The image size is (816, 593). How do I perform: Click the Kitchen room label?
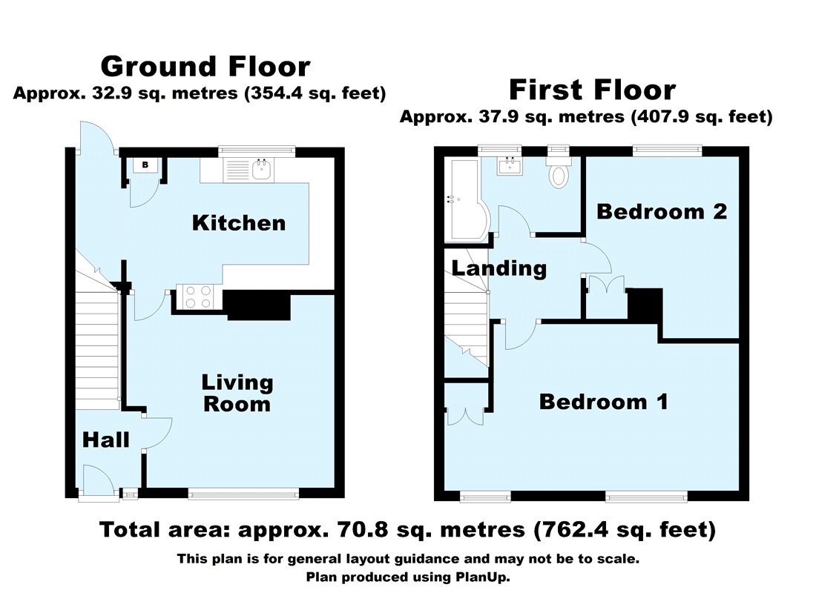[x=239, y=222]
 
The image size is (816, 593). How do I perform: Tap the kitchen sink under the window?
[x=261, y=170]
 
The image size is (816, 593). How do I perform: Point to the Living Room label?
[x=237, y=394]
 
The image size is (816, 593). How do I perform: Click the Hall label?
[x=105, y=440]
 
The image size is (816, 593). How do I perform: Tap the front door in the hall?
[x=98, y=482]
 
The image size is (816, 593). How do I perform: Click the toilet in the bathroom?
[x=557, y=172]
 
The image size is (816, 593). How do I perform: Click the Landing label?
[x=499, y=268]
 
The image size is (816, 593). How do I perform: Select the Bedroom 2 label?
[x=662, y=212]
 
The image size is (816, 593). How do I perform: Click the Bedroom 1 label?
[x=603, y=402]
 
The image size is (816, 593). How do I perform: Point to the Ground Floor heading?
[x=205, y=67]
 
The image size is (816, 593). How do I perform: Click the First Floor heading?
[x=592, y=90]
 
